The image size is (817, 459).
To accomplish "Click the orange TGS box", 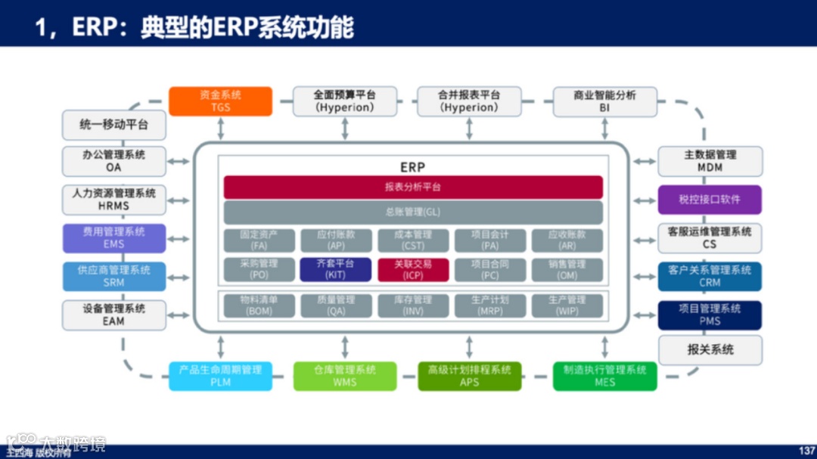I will [220, 101].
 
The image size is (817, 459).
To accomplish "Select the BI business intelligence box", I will [604, 101].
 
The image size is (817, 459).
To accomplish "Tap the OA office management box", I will [113, 160].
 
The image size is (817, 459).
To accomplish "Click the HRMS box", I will [113, 200].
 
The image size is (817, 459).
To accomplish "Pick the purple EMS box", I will [113, 238].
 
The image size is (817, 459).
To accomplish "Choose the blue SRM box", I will [113, 277].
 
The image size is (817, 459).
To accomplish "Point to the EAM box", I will [113, 315].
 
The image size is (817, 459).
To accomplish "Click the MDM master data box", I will [710, 160].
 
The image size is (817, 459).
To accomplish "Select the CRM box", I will [710, 277].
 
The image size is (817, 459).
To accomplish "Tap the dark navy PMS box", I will [710, 315].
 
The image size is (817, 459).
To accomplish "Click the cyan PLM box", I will [220, 376].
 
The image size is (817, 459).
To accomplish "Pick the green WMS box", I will [345, 376].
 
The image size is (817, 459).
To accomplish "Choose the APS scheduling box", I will [470, 376].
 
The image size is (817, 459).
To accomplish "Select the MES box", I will [604, 376].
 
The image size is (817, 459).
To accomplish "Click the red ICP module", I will [413, 270].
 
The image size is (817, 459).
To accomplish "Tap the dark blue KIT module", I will [336, 270].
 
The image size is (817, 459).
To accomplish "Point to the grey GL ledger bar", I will [413, 212].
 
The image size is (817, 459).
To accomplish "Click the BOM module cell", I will [259, 305].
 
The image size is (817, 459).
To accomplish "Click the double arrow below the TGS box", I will [220, 128].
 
